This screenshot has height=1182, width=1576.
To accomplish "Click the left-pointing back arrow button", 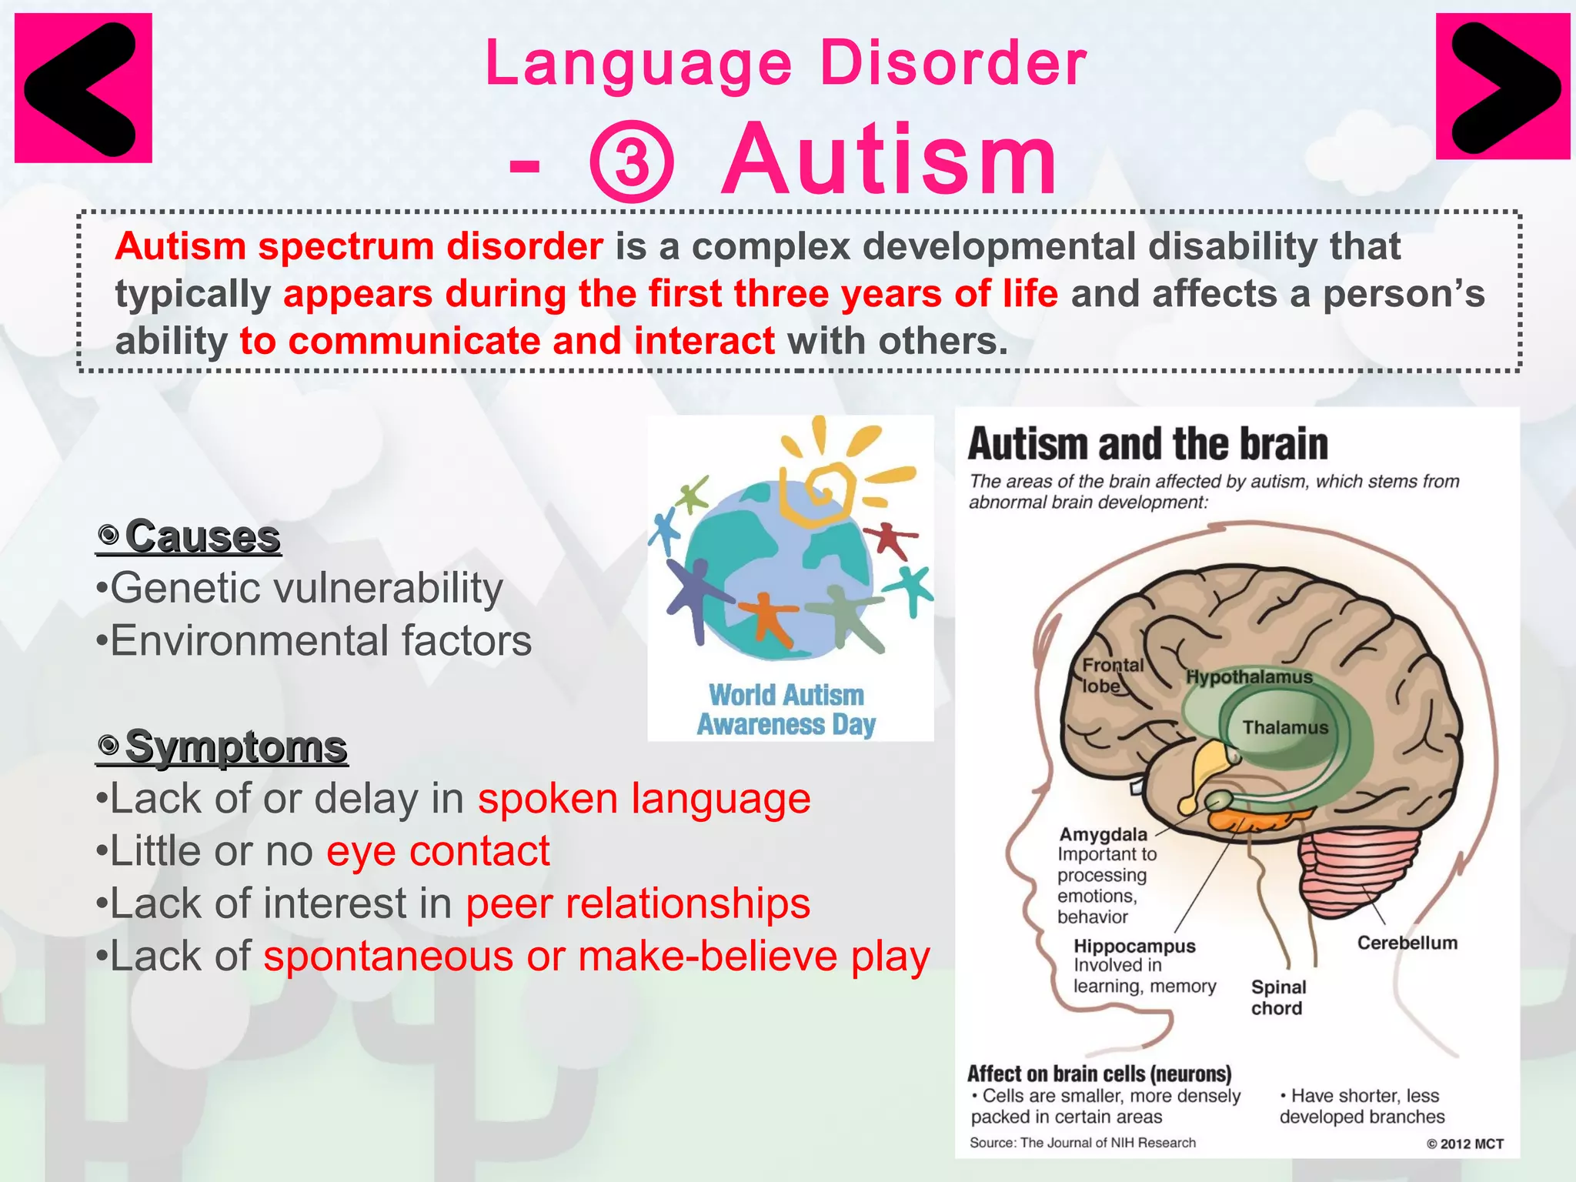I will (83, 88).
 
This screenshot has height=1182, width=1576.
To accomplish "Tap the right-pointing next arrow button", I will (1503, 87).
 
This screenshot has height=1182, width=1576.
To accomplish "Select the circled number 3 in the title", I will (631, 162).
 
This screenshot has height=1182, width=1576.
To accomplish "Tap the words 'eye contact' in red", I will (438, 851).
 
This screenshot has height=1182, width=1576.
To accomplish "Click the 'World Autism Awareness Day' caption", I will (786, 710).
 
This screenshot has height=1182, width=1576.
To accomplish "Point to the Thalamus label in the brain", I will (1284, 727).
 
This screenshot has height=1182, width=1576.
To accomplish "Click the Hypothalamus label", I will (1249, 677).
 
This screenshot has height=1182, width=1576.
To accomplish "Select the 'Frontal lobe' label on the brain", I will (1111, 675).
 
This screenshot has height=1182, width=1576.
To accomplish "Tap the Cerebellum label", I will (1407, 943).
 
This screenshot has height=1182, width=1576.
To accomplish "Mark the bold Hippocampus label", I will (1134, 946).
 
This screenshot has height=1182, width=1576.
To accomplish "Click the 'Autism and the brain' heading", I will (1147, 444).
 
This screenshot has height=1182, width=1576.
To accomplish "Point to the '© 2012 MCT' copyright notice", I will (1464, 1144).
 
